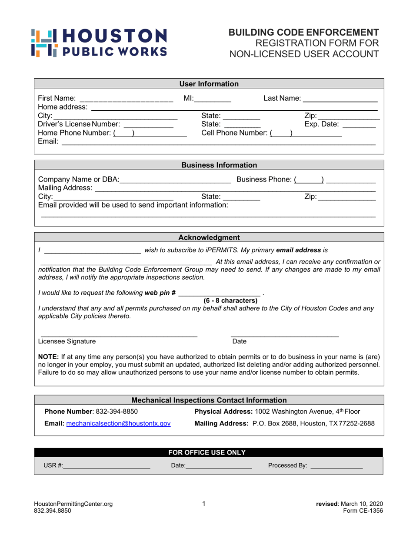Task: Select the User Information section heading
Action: point(209,84)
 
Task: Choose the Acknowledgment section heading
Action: point(209,237)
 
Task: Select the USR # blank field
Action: point(107,466)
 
